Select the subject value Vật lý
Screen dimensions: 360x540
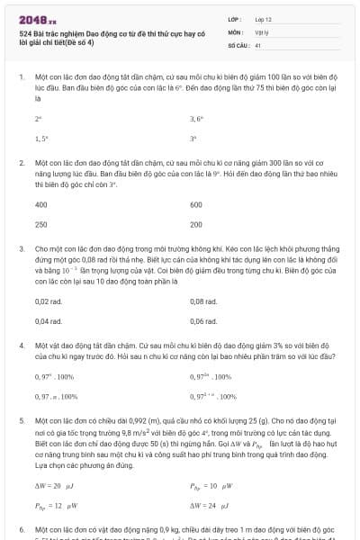point(261,31)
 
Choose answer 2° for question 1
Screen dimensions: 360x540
point(38,118)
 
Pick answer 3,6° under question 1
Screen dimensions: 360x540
point(196,118)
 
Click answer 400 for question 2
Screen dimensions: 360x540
point(40,205)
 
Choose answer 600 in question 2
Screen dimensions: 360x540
point(196,205)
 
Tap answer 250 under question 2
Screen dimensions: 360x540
point(40,225)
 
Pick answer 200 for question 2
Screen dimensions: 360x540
point(196,225)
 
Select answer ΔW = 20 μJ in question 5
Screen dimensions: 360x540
point(52,486)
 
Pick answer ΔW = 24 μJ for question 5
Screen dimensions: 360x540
point(208,506)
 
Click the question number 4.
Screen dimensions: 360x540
point(20,345)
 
